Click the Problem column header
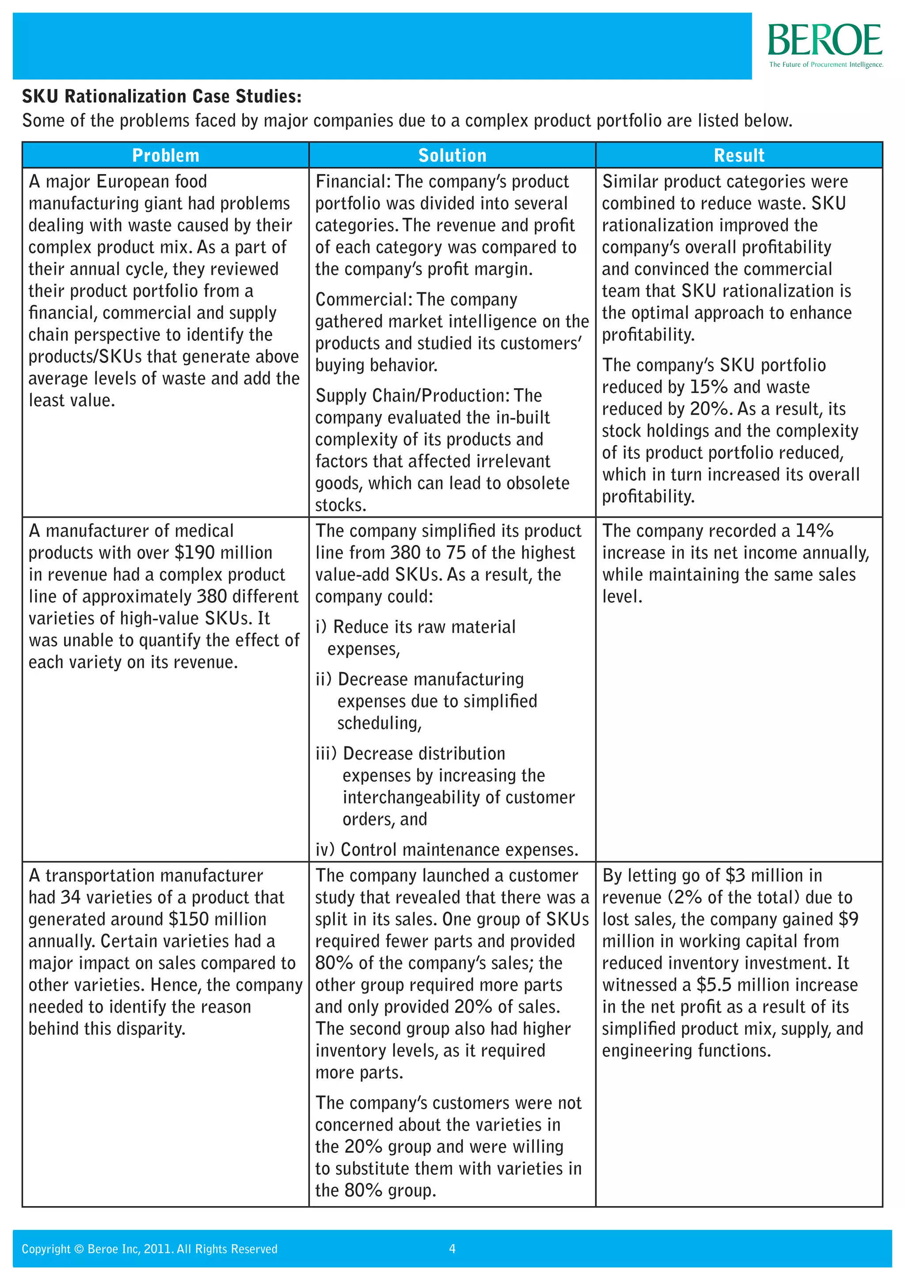point(166,155)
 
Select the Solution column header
point(452,155)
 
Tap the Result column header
point(739,155)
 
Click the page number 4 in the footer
point(452,1249)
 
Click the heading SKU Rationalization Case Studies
point(162,96)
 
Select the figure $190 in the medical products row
point(194,552)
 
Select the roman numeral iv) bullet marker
point(325,850)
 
